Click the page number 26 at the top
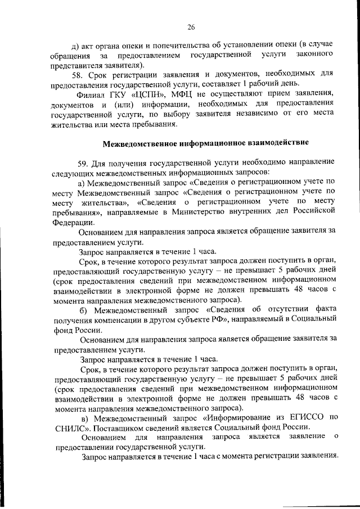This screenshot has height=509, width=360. (191, 27)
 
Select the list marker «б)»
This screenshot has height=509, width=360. (84, 309)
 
